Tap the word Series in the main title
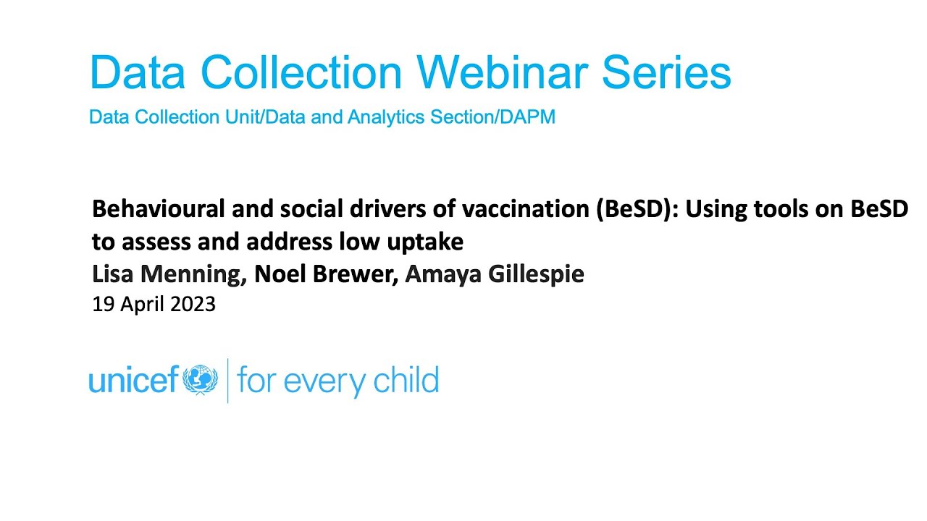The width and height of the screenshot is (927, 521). point(666,72)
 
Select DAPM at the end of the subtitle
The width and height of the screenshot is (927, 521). point(528,117)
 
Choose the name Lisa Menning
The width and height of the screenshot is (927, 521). point(169,274)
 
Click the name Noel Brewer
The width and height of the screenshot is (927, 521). point(325,274)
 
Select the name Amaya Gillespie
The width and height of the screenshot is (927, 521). point(495,274)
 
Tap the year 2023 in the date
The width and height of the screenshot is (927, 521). point(193,305)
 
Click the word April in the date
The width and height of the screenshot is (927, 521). point(140,305)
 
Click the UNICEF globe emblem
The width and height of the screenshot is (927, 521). point(201,380)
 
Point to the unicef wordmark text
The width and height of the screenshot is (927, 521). point(133,380)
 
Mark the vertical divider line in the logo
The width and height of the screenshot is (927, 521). point(228,380)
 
